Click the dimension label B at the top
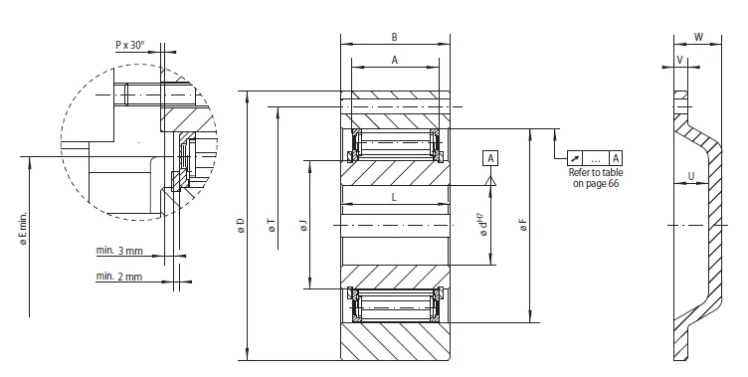coord(395,37)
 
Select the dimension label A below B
coord(395,60)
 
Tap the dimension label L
coord(395,198)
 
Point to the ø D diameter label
coord(242,228)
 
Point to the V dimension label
coord(679,61)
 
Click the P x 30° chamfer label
coord(129,45)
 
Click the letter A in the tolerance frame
coord(617,158)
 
